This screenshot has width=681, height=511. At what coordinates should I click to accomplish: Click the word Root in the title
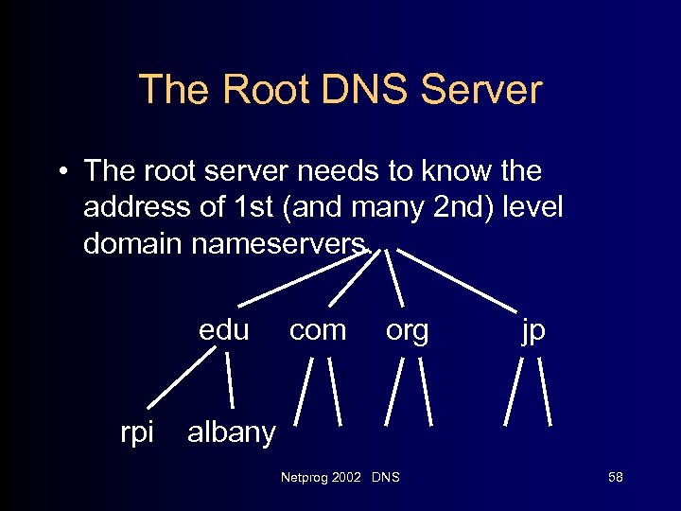(264, 90)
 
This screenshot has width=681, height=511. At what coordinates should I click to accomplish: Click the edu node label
(224, 330)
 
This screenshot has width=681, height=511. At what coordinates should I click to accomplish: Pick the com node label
(318, 330)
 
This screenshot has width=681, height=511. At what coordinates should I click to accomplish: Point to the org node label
(408, 330)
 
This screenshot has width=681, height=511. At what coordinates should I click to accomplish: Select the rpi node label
(137, 433)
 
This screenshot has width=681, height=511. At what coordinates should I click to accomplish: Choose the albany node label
(232, 433)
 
